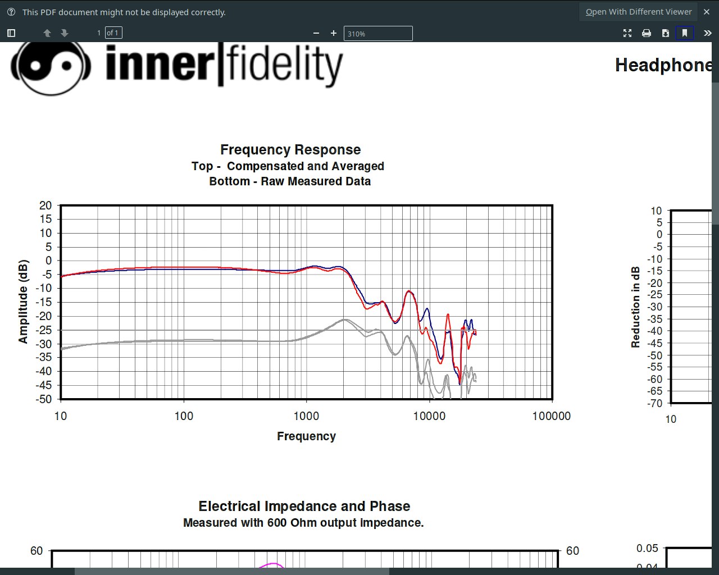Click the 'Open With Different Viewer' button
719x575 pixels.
point(638,12)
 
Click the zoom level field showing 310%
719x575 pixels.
point(377,34)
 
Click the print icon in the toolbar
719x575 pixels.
point(647,33)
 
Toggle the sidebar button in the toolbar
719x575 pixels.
point(11,33)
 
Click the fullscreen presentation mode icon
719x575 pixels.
point(627,33)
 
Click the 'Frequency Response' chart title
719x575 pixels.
point(290,150)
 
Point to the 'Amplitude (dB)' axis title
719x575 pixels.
point(23,302)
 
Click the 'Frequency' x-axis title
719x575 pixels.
point(306,436)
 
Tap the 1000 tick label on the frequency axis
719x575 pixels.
point(306,416)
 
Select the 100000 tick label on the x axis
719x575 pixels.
point(551,416)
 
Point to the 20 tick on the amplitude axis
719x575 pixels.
point(45,206)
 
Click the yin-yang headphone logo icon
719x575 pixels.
point(51,66)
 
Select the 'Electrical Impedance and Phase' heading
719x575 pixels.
point(304,506)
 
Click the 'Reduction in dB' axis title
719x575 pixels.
point(636,307)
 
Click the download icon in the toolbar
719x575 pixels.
point(665,33)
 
